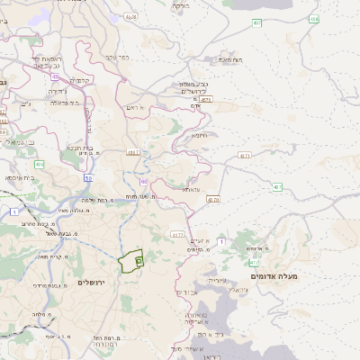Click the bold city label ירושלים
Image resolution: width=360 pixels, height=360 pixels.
(93, 283)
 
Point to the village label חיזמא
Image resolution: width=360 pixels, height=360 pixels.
(198, 135)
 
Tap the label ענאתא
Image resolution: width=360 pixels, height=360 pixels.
(190, 190)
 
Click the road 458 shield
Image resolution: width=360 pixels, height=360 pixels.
(131, 17)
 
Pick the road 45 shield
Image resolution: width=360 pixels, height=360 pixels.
(42, 76)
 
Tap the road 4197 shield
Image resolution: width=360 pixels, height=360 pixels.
(133, 153)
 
